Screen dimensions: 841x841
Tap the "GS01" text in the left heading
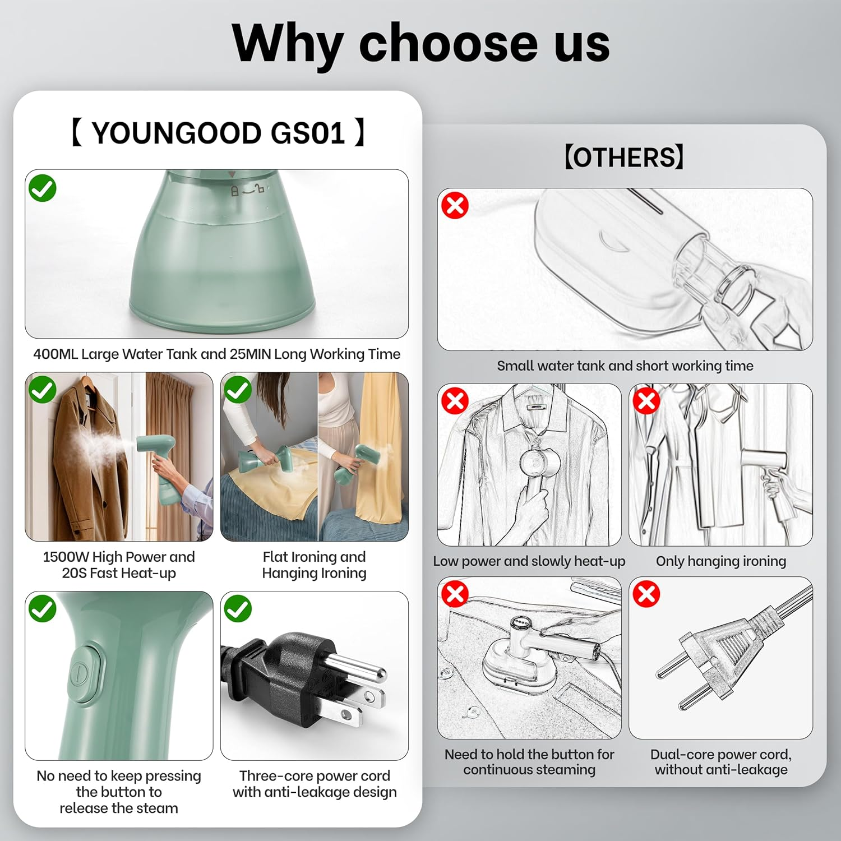click(308, 133)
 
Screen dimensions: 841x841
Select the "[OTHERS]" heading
click(624, 157)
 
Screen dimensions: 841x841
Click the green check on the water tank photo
click(43, 188)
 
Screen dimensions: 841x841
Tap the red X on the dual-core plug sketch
click(646, 594)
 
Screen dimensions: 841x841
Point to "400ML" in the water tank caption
click(56, 354)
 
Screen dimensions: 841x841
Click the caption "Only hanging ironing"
click(721, 561)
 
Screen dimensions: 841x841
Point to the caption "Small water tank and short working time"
click(625, 366)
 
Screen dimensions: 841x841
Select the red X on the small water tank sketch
click(455, 205)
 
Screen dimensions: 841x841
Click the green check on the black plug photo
click(238, 609)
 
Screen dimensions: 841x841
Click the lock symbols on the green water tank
click(247, 191)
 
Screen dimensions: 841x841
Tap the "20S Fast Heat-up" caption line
click(119, 573)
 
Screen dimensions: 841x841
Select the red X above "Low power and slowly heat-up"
click(455, 401)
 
